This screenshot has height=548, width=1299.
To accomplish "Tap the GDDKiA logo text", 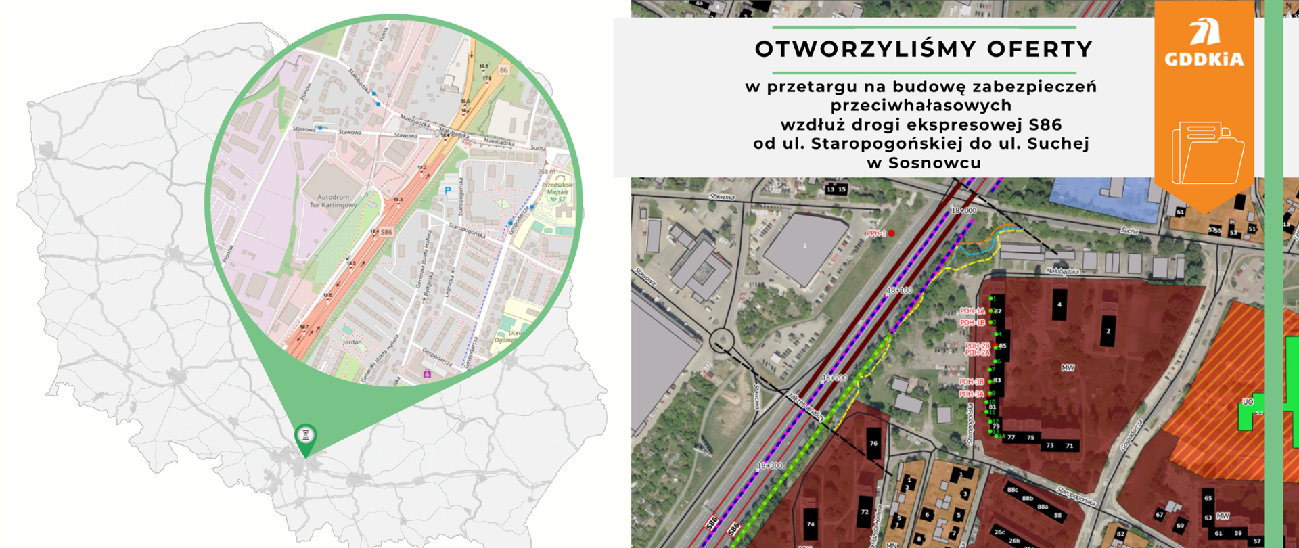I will [1204, 60].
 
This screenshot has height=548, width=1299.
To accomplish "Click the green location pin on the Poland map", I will [306, 437].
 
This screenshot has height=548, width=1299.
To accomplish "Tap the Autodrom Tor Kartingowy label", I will [333, 201].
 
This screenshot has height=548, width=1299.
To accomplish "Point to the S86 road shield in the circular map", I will [386, 232].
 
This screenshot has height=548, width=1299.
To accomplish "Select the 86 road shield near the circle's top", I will [503, 70].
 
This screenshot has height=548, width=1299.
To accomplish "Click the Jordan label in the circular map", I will [352, 342].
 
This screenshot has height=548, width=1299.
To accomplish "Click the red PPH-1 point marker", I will [892, 233].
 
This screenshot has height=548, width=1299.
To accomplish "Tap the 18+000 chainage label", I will [963, 211].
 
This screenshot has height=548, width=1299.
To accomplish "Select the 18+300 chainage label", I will [769, 466].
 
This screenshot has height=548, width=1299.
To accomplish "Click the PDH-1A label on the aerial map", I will [972, 311].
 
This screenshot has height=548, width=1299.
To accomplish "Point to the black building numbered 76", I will [873, 443].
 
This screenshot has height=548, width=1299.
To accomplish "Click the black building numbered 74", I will [811, 524].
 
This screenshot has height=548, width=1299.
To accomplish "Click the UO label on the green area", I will [1248, 403].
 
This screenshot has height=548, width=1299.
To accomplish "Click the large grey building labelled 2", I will [805, 246].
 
